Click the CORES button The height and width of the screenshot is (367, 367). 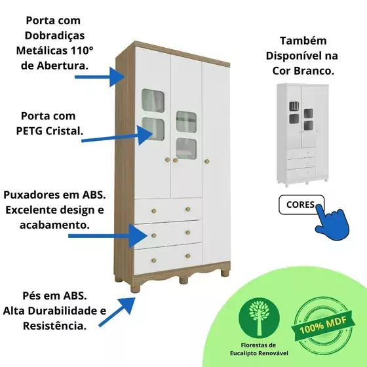click(301, 204)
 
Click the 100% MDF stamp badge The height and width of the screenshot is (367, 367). click(323, 325)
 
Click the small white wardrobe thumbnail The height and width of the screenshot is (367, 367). click(303, 135)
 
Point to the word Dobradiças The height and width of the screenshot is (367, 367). click(55, 35)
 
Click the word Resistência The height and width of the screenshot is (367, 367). click(54, 326)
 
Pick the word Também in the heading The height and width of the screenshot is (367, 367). click(303, 41)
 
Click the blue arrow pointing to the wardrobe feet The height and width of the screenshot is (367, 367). click(117, 312)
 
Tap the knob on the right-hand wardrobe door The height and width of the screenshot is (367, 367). click(206, 161)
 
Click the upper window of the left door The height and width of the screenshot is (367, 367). click(153, 101)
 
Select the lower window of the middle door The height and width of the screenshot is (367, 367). click(186, 149)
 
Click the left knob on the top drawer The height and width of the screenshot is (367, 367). click(154, 211)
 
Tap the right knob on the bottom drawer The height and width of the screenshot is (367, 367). click(188, 256)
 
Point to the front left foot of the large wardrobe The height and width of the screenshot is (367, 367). click(135, 288)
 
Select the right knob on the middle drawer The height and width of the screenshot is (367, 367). click(188, 232)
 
